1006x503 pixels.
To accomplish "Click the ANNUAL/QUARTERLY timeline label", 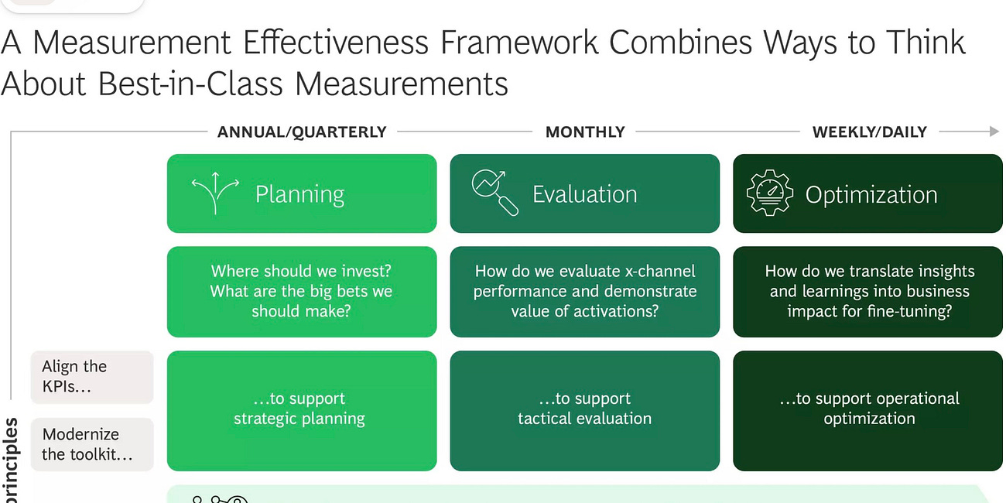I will [x=302, y=132].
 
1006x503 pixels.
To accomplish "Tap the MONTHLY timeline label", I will [x=585, y=132].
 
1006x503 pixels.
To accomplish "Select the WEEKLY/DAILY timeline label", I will [x=869, y=132].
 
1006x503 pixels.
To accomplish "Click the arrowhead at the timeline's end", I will [x=994, y=132].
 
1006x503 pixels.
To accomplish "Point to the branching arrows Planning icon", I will [x=215, y=193].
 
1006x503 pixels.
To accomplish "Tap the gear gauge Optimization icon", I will [x=770, y=193].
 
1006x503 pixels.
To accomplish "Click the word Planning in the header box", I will [x=299, y=194].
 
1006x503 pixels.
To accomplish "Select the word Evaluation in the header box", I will [x=584, y=194].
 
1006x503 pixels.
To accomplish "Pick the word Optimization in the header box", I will [x=871, y=195].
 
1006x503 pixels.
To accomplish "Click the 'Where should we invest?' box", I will [x=302, y=292].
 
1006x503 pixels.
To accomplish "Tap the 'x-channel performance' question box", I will [x=585, y=292].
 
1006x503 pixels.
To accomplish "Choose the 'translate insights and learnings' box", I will [x=869, y=292].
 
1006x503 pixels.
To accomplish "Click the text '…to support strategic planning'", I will [x=299, y=409].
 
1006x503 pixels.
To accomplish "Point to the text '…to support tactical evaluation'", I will [x=585, y=409].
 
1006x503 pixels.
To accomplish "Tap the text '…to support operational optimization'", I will [x=869, y=409].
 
